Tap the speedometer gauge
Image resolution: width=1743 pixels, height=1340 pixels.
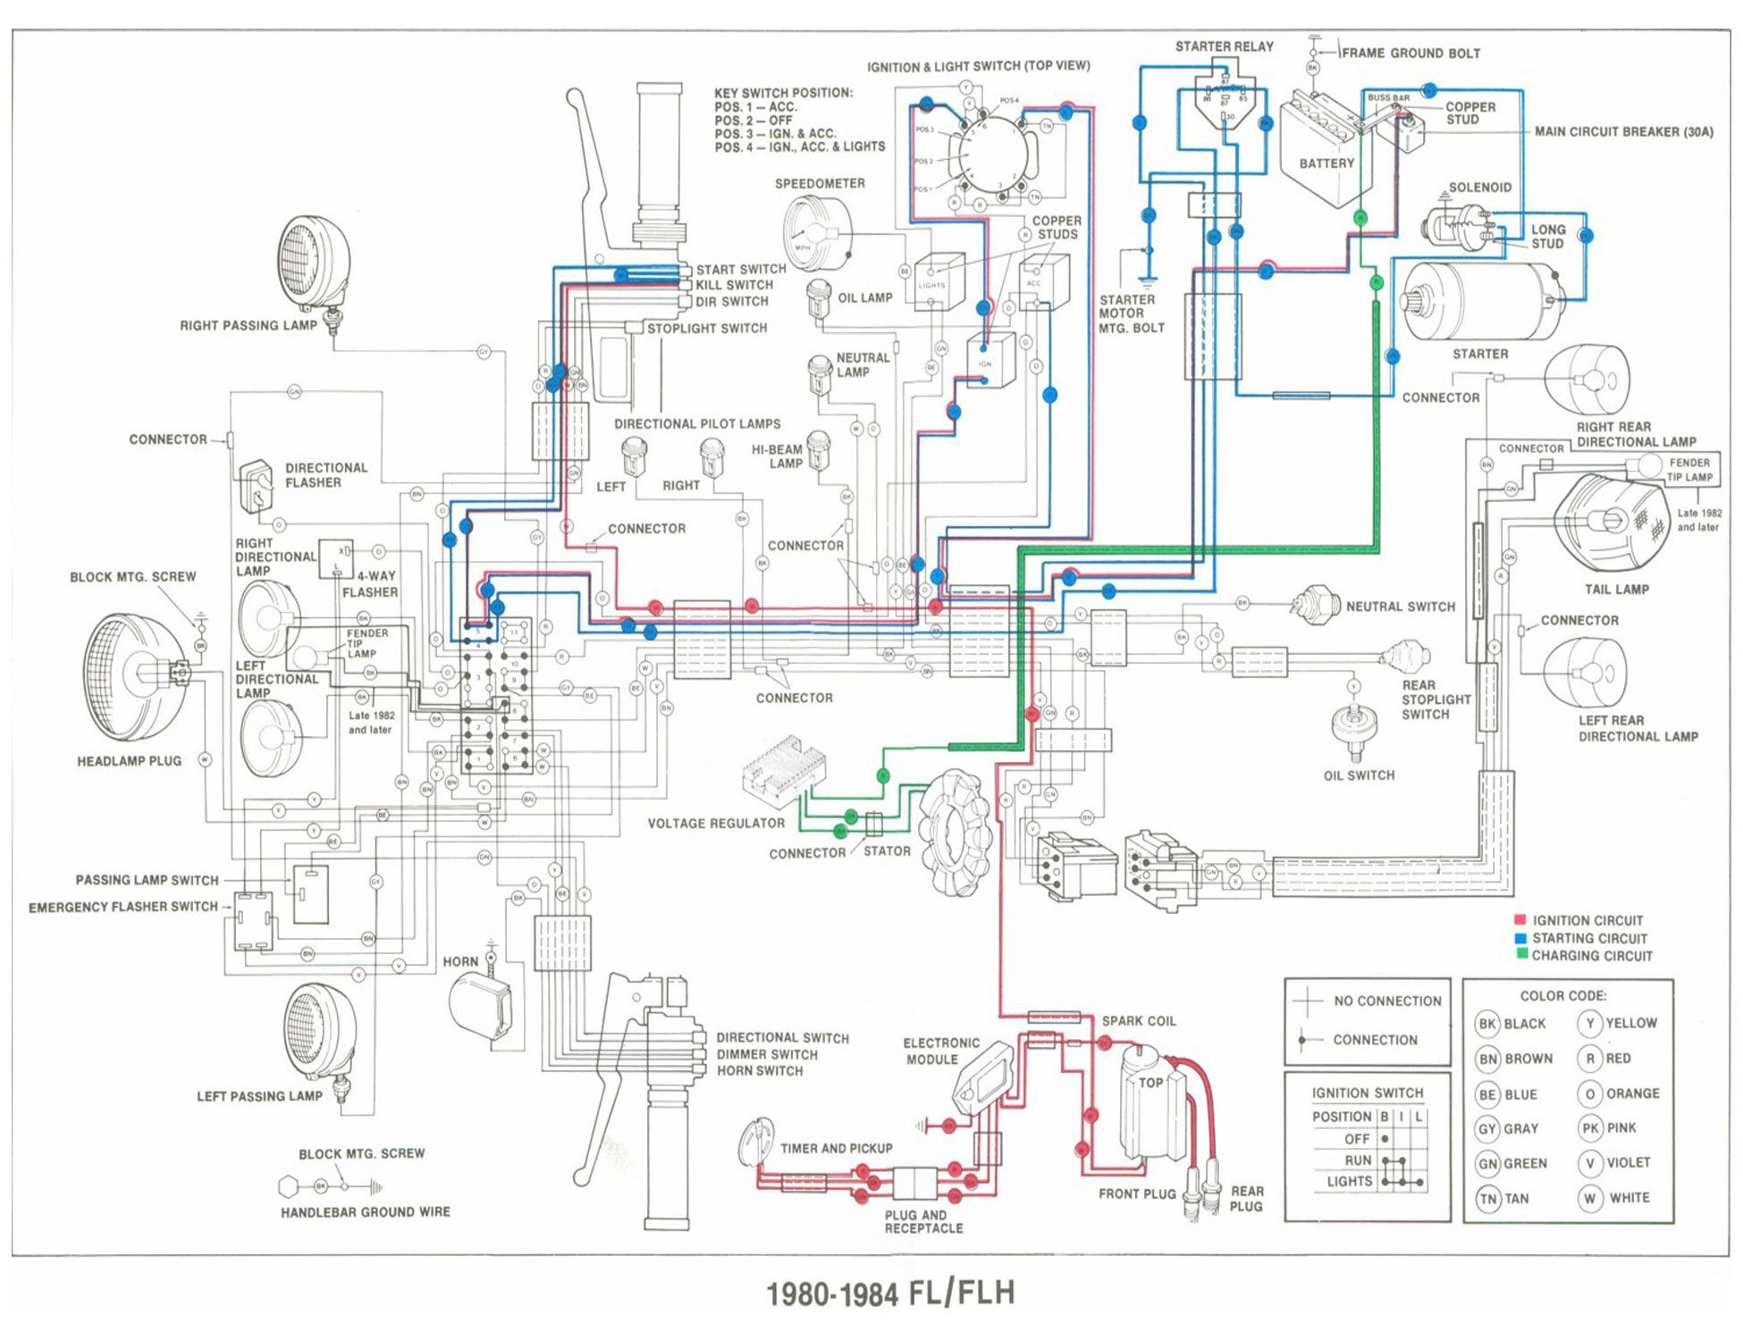tap(815, 231)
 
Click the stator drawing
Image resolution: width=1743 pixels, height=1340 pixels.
tap(956, 831)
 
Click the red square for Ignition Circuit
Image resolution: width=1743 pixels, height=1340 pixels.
tap(1520, 920)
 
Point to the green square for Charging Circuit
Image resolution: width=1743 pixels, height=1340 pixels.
tap(1520, 955)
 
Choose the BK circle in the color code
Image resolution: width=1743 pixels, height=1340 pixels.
tap(1487, 1024)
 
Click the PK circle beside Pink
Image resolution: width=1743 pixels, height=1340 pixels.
tap(1590, 1128)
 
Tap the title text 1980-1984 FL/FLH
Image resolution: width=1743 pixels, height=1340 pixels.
tap(890, 1294)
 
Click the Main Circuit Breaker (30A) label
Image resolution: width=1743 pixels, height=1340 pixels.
tap(1623, 132)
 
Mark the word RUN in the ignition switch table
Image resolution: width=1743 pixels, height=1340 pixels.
tap(1357, 1160)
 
